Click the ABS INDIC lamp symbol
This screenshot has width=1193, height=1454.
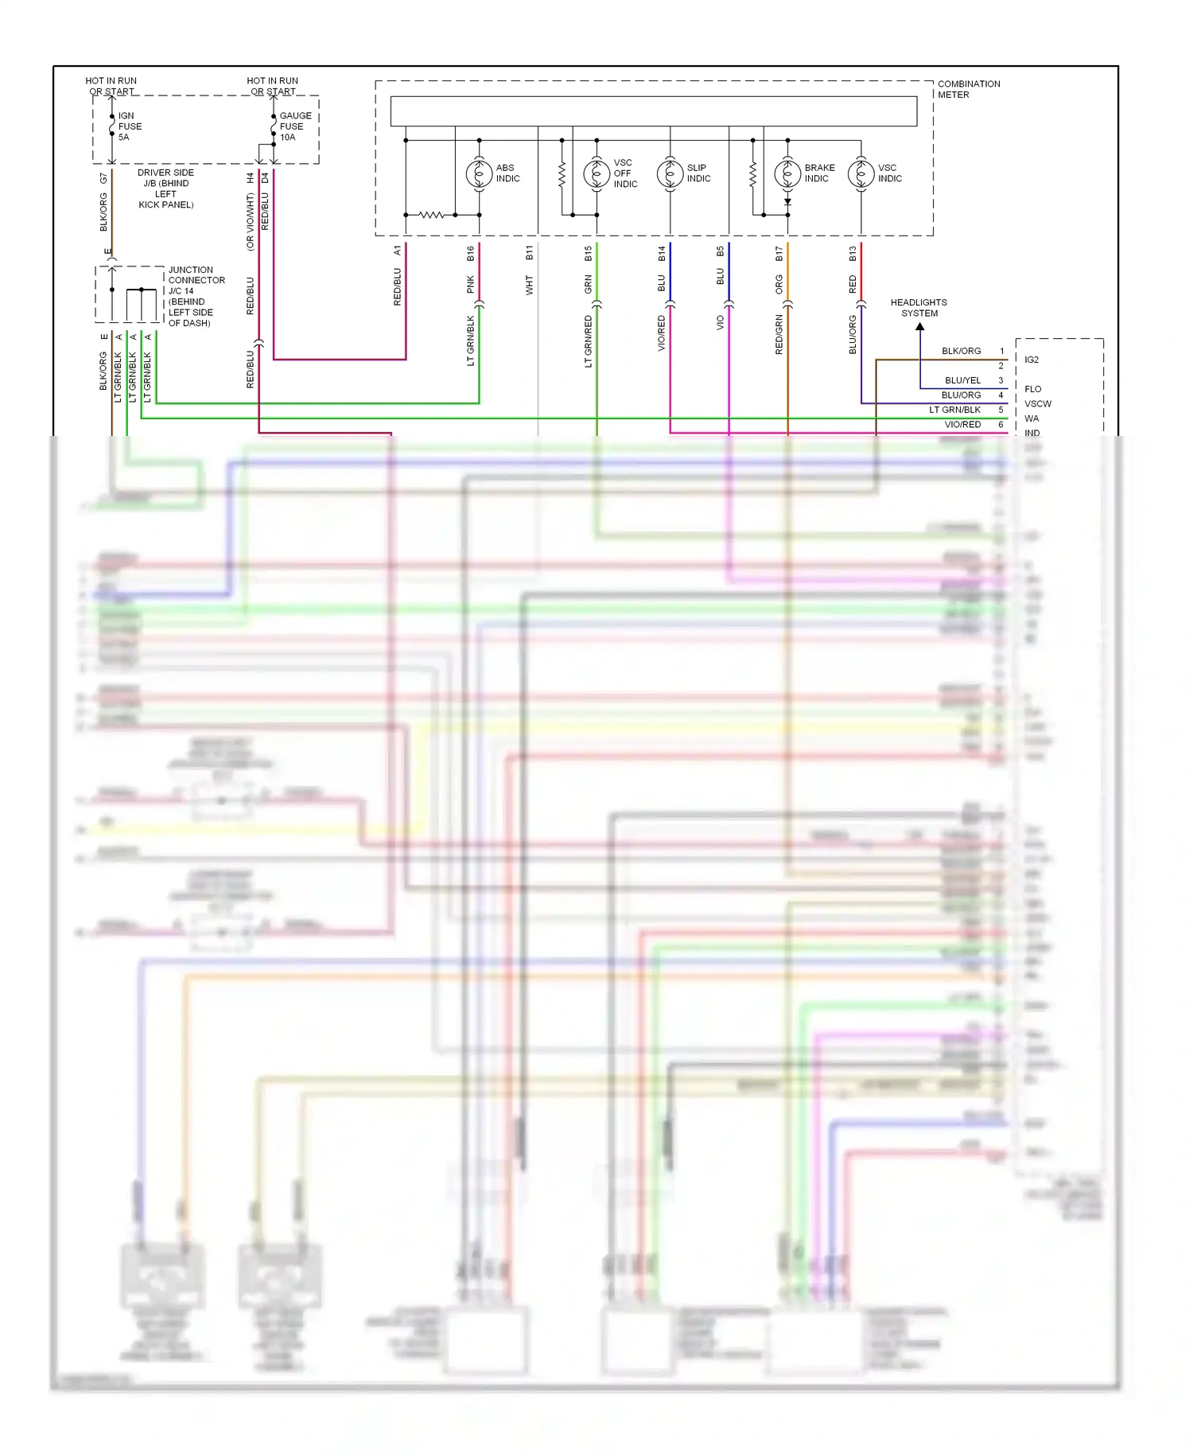pos(479,173)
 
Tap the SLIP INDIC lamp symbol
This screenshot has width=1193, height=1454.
pos(670,173)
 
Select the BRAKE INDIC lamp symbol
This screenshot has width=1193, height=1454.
pos(787,173)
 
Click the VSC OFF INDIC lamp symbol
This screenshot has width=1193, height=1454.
pos(596,173)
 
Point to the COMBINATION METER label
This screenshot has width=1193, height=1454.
pos(968,89)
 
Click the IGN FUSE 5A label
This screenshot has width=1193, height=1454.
pos(130,126)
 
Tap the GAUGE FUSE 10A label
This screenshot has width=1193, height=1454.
pos(294,126)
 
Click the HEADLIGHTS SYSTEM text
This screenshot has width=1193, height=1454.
pos(919,308)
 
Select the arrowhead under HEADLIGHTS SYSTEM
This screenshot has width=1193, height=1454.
pos(920,326)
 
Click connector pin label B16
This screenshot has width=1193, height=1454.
pos(471,254)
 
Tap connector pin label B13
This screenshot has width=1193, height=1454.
pos(853,254)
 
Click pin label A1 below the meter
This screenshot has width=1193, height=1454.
pos(398,251)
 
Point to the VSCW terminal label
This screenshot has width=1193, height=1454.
pos(1037,404)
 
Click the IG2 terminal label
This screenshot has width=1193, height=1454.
pos(1032,360)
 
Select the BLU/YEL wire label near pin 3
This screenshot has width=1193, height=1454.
pos(962,380)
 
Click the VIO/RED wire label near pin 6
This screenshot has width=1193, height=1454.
pos(962,425)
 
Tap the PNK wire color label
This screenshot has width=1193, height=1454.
pos(471,284)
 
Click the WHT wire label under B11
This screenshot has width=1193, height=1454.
pos(529,286)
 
